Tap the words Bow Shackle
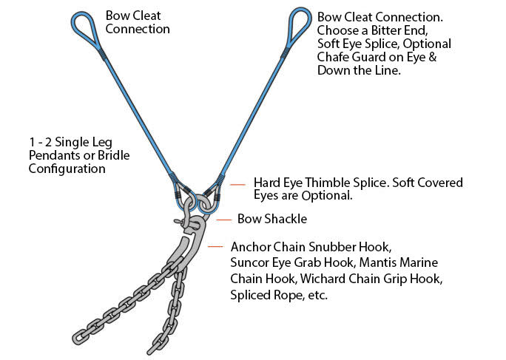tap(271, 219)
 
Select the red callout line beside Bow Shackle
tap(223, 219)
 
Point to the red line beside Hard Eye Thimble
tap(237, 183)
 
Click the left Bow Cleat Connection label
tap(138, 22)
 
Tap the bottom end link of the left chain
tap(94, 325)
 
